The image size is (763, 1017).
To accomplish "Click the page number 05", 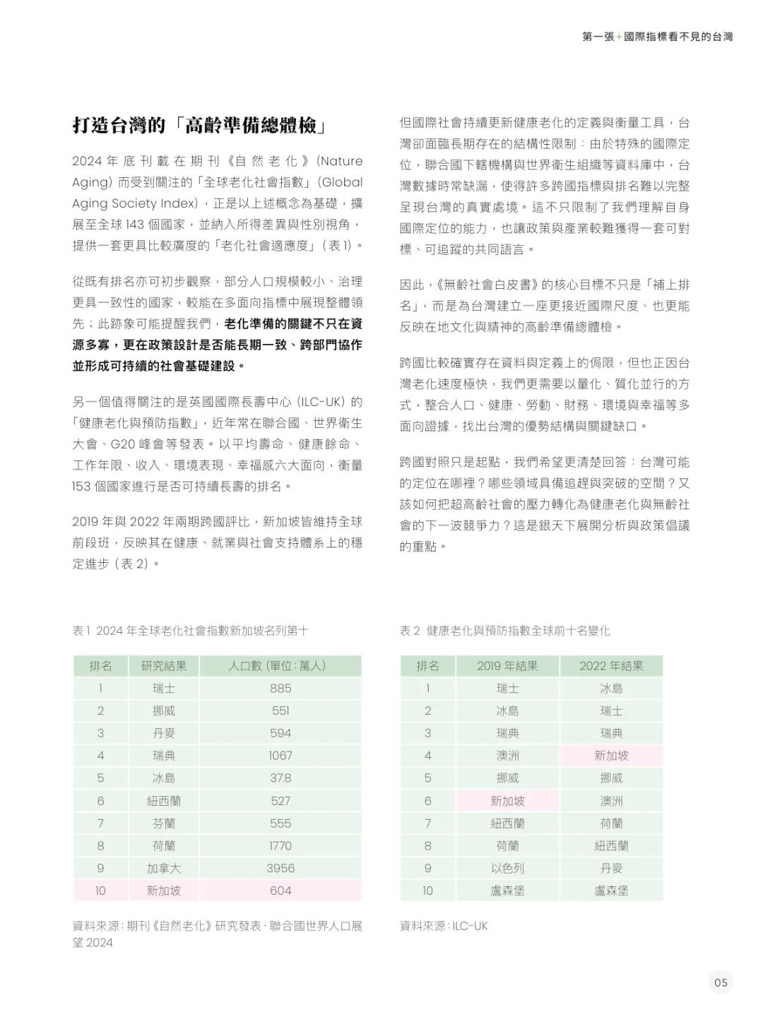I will [721, 982].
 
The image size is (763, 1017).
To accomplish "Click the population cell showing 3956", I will [280, 868].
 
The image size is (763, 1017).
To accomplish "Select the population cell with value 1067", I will [280, 756].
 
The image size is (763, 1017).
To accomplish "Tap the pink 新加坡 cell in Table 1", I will [164, 891].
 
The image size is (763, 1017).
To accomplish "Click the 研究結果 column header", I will [164, 665].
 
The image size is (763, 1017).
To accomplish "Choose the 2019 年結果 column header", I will [507, 665].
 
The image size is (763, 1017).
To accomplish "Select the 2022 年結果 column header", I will [611, 665].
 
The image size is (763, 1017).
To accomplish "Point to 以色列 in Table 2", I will [507, 868].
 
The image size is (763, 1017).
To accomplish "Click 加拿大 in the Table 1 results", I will [164, 868].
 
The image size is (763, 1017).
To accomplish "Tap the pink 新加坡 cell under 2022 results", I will [611, 756].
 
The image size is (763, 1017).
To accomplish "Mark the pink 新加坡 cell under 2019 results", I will [507, 801].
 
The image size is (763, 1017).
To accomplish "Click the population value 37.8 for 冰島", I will [280, 778].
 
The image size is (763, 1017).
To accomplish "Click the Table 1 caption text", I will [190, 631].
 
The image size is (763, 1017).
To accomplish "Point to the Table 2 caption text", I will [504, 631].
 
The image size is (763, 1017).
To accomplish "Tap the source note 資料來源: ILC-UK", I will [444, 926].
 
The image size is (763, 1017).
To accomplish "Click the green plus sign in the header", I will [619, 37].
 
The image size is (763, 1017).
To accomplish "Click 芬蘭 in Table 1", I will [164, 823].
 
